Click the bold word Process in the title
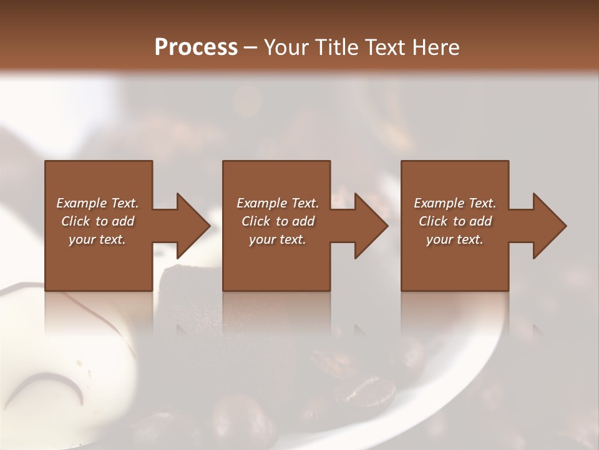pyautogui.click(x=196, y=47)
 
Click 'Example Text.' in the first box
pyautogui.click(x=97, y=203)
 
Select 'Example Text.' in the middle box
pyautogui.click(x=278, y=203)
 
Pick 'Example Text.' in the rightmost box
pyautogui.click(x=455, y=203)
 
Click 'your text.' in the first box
pyautogui.click(x=97, y=239)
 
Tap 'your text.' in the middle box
pyautogui.click(x=278, y=239)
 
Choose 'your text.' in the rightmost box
pyautogui.click(x=455, y=239)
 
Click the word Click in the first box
pyautogui.click(x=75, y=221)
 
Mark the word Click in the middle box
pyautogui.click(x=256, y=221)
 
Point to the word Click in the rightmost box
pyautogui.click(x=433, y=221)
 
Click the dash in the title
pyautogui.click(x=250, y=48)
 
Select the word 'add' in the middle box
pyautogui.click(x=303, y=221)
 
